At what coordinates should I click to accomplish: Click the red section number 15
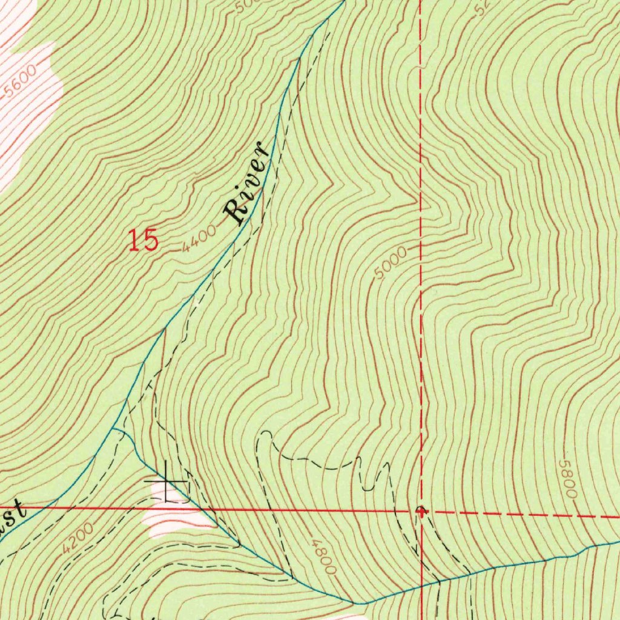point(143,241)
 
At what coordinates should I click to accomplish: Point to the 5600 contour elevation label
point(19,82)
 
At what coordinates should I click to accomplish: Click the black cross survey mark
point(166,482)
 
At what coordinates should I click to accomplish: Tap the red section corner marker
point(421,511)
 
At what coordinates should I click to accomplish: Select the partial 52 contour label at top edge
point(483,7)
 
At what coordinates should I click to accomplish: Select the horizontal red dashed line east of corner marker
point(521,515)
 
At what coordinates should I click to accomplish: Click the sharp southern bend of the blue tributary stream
point(360,603)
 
